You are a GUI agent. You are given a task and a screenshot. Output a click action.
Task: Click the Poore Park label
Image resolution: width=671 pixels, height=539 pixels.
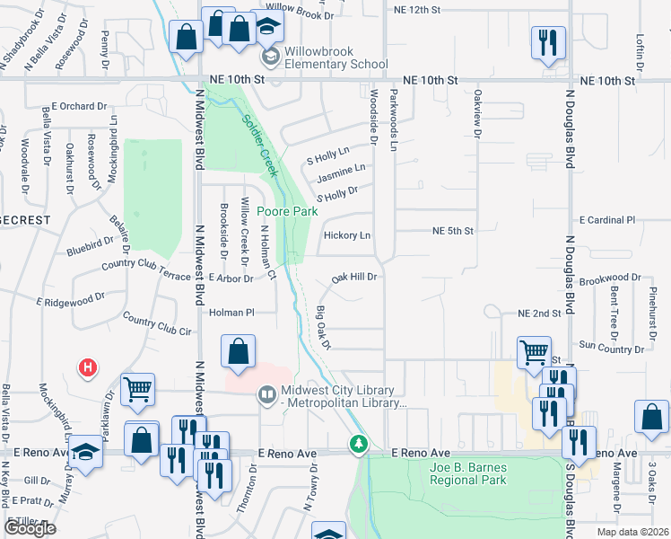click(x=287, y=211)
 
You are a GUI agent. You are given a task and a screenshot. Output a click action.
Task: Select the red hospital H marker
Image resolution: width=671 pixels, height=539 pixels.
click(x=87, y=367)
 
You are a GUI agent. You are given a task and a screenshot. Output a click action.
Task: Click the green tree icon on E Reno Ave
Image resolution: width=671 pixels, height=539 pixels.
click(x=358, y=444)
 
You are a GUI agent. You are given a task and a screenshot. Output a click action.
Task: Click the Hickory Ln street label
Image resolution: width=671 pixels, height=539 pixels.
click(x=347, y=235)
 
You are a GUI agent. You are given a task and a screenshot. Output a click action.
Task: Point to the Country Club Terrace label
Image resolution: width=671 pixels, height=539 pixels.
click(x=146, y=264)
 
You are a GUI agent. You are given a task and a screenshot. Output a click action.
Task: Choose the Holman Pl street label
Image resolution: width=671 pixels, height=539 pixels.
click(x=232, y=313)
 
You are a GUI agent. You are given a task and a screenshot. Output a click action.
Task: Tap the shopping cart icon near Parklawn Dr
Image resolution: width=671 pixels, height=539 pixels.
click(x=138, y=389)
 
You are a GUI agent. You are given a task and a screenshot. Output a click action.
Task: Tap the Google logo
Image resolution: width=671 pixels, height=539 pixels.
click(x=30, y=528)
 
